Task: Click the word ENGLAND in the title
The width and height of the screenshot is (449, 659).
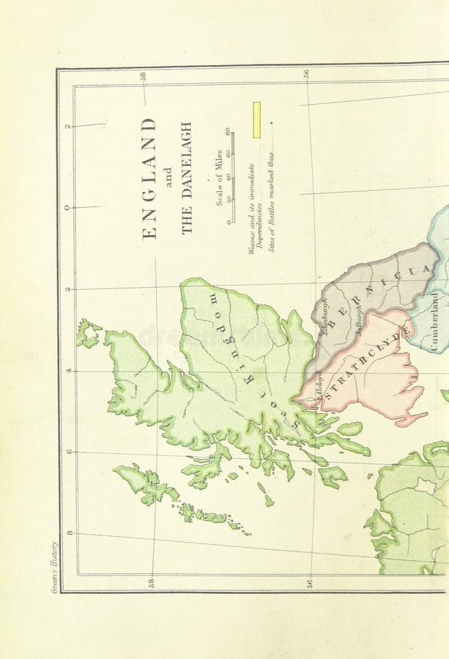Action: [149, 178]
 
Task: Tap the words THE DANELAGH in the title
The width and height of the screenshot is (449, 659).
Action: [186, 178]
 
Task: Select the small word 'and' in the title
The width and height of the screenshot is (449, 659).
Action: [168, 178]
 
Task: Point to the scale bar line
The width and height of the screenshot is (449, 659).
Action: [233, 176]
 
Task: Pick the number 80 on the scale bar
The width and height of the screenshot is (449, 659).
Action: [228, 132]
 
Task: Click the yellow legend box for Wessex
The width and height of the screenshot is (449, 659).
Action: [256, 120]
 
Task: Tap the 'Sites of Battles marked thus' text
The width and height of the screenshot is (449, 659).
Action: [271, 202]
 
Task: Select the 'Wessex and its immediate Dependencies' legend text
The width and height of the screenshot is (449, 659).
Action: [255, 208]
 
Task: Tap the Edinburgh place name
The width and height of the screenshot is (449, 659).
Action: [323, 317]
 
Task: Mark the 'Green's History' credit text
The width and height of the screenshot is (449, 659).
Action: [54, 568]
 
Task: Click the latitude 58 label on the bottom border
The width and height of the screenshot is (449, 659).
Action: [152, 583]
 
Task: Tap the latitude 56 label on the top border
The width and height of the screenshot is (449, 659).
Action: [306, 74]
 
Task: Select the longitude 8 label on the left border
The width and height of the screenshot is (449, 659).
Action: [69, 532]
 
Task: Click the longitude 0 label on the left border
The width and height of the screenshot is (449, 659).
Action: [67, 207]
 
